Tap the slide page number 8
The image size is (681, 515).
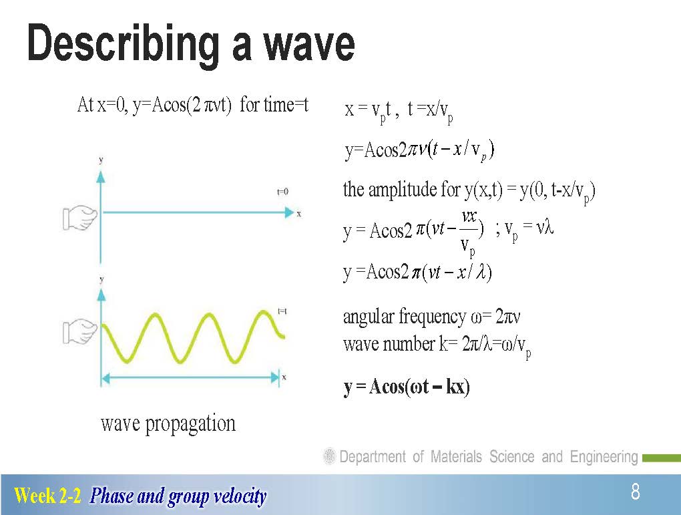click(x=636, y=492)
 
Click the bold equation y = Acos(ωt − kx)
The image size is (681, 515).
click(x=407, y=387)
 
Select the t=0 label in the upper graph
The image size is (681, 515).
click(x=282, y=191)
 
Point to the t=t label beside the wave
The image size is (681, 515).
click(x=282, y=311)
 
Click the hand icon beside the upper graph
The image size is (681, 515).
click(x=79, y=217)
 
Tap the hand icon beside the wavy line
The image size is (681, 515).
click(x=79, y=331)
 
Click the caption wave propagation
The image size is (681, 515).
click(x=168, y=423)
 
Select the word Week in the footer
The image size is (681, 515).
click(x=35, y=495)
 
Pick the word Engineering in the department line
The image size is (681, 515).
click(x=604, y=457)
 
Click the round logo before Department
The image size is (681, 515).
click(x=330, y=456)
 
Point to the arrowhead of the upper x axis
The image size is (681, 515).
click(x=289, y=212)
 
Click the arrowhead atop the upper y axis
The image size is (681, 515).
click(x=101, y=176)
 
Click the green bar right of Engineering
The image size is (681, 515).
click(x=662, y=458)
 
